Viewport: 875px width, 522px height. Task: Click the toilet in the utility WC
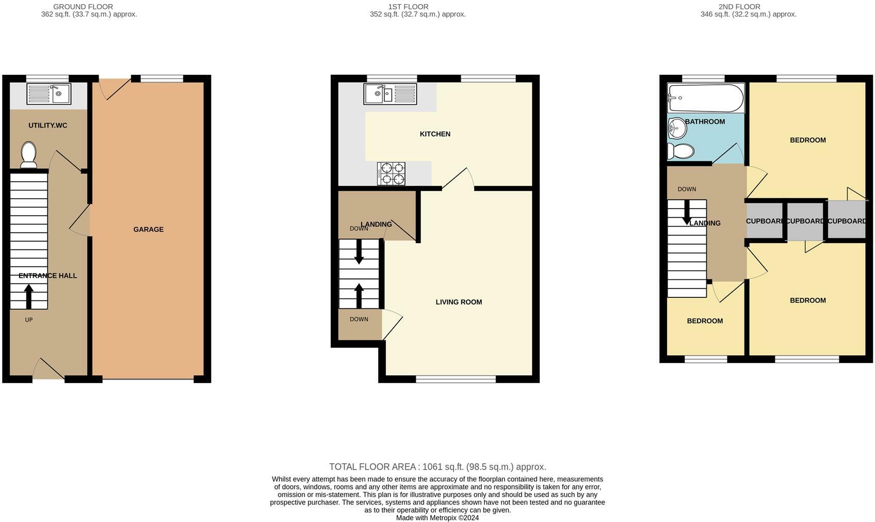(x=28, y=155)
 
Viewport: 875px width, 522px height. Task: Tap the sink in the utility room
(x=49, y=94)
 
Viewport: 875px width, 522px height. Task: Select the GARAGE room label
(x=148, y=229)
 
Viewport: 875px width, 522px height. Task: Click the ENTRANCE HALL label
(x=47, y=276)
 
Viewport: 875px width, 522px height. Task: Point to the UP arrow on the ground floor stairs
(x=29, y=296)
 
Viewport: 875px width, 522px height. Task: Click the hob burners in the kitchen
(x=391, y=173)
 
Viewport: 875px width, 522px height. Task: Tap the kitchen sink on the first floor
(x=390, y=94)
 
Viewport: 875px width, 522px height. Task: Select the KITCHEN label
(x=435, y=134)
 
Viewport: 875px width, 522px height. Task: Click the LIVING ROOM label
(x=459, y=302)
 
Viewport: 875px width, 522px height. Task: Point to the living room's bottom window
(x=456, y=379)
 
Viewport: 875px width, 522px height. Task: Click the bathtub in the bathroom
(x=705, y=98)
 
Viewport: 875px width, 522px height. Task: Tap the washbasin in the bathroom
(x=677, y=128)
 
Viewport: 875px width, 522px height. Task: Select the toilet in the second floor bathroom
(x=681, y=151)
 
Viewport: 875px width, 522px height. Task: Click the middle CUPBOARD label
(x=805, y=221)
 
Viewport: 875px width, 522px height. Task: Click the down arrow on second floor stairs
(x=687, y=213)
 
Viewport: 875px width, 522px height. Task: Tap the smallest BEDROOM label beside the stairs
(x=705, y=321)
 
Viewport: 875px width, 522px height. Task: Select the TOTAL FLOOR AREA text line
(x=437, y=467)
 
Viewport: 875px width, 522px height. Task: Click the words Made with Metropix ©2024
(x=437, y=517)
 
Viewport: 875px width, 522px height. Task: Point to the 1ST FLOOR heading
(x=408, y=7)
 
